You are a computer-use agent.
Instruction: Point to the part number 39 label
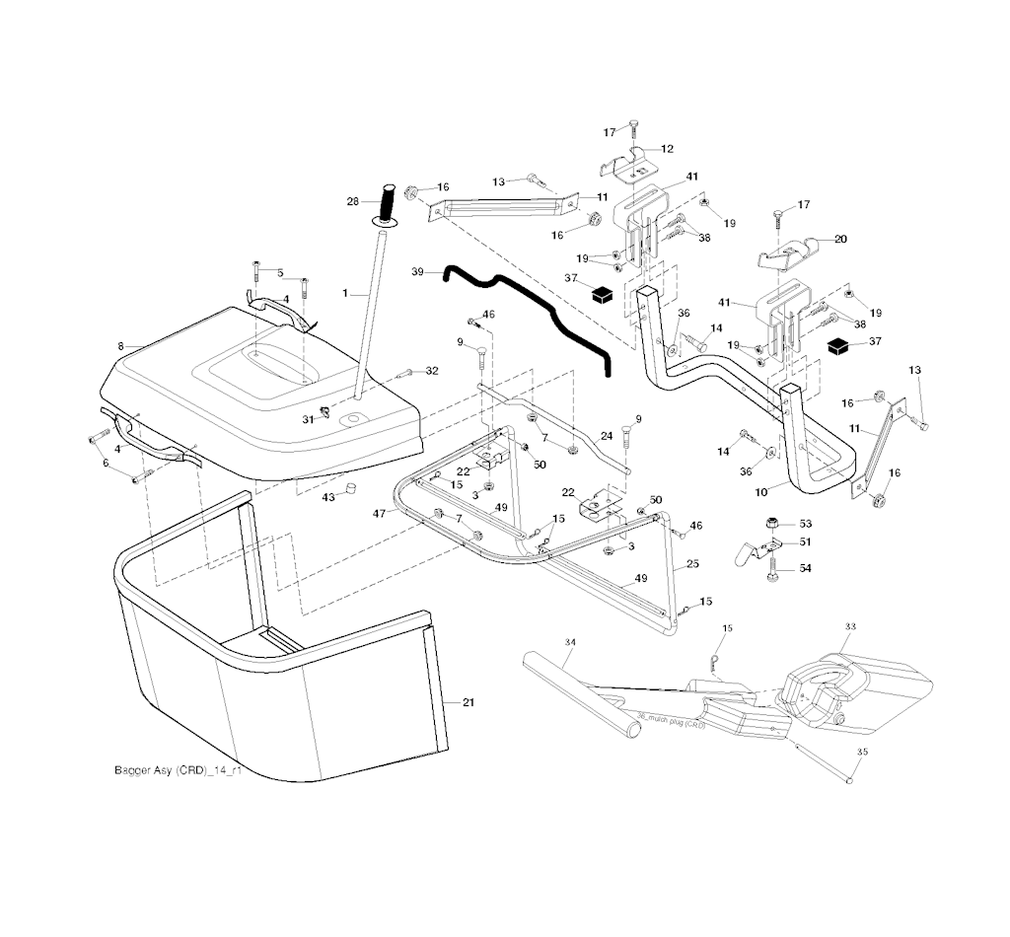point(417,270)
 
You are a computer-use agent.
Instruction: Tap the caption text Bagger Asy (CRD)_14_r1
point(178,770)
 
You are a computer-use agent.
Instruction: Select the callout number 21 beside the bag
point(469,701)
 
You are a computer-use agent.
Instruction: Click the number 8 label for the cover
point(120,346)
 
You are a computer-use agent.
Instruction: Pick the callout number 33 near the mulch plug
point(850,626)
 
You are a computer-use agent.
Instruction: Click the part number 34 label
point(569,642)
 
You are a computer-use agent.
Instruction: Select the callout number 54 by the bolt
point(806,569)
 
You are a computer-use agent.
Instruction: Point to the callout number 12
point(668,149)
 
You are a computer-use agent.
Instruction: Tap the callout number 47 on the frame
point(379,514)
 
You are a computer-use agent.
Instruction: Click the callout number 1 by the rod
point(345,293)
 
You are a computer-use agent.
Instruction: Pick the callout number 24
point(607,435)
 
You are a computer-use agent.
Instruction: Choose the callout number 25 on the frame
point(692,563)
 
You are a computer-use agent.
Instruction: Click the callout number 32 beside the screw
point(431,371)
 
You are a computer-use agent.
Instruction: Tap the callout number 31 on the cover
point(307,418)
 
